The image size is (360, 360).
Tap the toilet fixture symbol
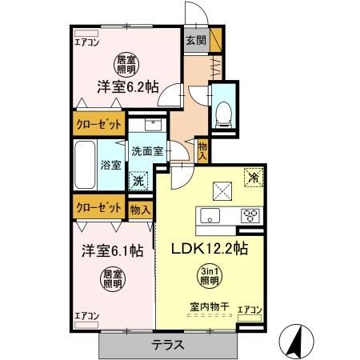click(223, 111)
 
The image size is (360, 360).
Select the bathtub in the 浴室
click(86, 164)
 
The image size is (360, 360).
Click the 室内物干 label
click(206, 306)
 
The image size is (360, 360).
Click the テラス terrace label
click(169, 346)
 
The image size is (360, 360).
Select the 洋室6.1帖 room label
click(110, 250)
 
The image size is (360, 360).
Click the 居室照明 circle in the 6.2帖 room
click(125, 64)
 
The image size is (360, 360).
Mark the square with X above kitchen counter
click(222, 189)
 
